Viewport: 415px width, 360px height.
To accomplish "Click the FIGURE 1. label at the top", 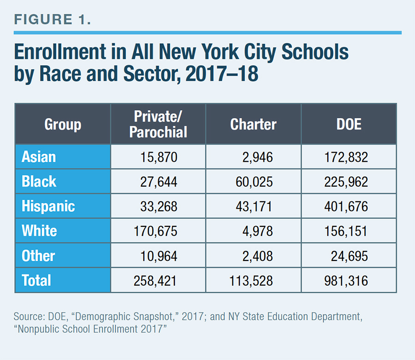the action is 53,19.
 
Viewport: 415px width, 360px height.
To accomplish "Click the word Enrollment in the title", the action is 60,52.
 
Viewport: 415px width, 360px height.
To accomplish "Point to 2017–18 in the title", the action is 222,74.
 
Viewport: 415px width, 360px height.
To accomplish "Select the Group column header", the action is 63,124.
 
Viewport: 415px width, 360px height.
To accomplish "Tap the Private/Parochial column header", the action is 158,124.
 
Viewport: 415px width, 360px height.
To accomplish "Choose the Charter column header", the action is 253,124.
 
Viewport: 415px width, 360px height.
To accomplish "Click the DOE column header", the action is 349,124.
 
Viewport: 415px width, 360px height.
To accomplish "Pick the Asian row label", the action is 39,157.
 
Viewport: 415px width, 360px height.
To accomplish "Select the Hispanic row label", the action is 48,206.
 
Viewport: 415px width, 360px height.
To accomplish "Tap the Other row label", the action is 38,256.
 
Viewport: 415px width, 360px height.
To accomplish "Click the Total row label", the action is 36,280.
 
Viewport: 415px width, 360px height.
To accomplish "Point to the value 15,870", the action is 159,157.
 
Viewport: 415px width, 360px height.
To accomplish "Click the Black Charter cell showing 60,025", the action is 254,182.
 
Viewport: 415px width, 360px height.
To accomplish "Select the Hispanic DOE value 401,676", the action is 346,207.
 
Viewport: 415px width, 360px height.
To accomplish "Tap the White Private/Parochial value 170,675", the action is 155,231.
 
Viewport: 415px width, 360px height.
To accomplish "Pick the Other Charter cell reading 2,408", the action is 257,256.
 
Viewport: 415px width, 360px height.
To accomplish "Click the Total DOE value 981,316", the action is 346,281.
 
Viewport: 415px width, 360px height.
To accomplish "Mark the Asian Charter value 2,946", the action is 257,157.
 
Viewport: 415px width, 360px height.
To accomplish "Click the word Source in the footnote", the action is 29,316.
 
